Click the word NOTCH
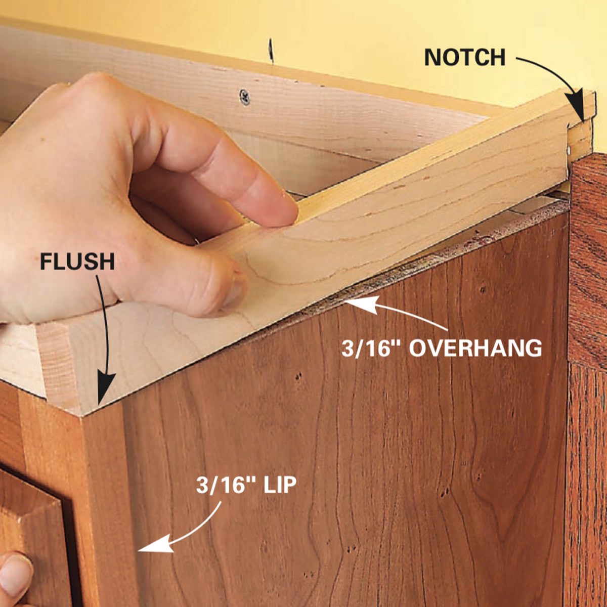tap(465, 57)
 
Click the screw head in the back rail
tap(245, 97)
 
